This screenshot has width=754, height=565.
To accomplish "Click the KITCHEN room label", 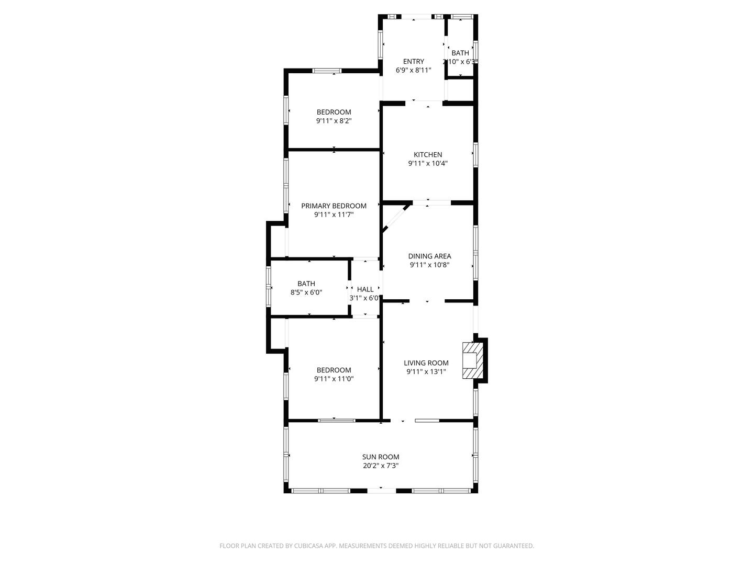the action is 428,155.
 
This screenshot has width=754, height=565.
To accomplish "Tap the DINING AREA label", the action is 429,256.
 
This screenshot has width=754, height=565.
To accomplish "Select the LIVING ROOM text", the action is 426,363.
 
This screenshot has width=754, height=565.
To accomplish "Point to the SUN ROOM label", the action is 381,457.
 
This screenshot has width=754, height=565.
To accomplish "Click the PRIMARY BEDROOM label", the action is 334,206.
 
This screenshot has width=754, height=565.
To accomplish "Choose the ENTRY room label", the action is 413,61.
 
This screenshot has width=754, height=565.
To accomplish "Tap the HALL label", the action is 365,289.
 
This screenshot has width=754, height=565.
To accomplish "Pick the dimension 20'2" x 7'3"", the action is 381,466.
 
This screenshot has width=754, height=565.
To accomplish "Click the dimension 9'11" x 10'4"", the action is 428,163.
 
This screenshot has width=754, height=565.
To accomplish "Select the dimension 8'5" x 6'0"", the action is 306,292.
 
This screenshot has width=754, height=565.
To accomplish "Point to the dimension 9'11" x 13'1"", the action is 426,372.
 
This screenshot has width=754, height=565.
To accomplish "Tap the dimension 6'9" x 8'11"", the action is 413,70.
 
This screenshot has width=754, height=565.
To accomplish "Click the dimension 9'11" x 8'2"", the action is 334,121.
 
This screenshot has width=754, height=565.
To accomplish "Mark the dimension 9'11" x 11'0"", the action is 334,379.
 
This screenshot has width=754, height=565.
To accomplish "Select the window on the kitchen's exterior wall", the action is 475,155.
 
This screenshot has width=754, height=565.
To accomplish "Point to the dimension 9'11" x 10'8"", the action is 429,265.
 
